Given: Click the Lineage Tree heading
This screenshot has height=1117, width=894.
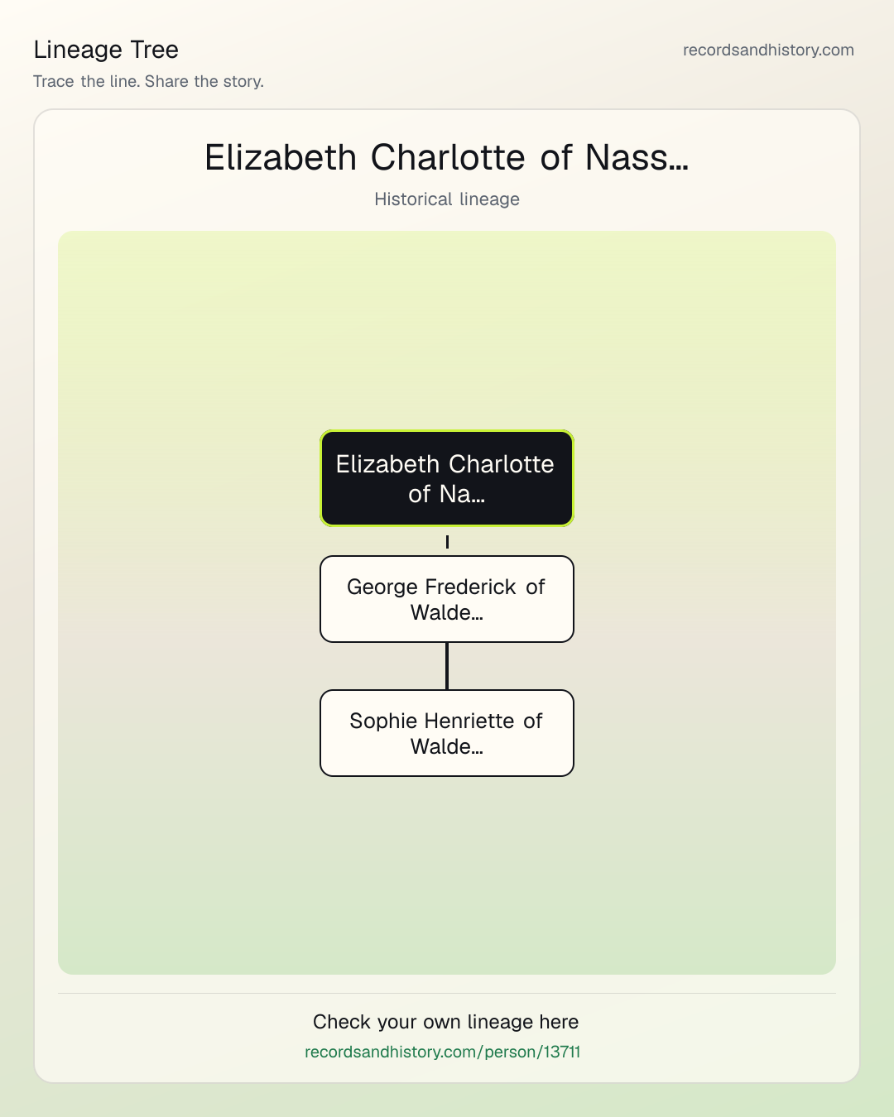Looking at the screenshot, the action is pyautogui.click(x=106, y=50).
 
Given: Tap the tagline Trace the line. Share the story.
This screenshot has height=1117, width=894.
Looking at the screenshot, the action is pyautogui.click(x=148, y=81).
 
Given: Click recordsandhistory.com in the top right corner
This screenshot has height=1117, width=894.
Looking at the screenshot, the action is pyautogui.click(x=768, y=50).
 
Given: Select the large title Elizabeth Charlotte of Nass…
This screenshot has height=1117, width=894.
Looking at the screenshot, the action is pyautogui.click(x=447, y=157).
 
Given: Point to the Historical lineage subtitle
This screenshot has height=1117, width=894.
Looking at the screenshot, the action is pyautogui.click(x=447, y=199).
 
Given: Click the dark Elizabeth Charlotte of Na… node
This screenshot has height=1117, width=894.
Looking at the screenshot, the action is pyautogui.click(x=447, y=478).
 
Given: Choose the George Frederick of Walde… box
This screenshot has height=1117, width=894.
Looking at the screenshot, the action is pyautogui.click(x=447, y=599).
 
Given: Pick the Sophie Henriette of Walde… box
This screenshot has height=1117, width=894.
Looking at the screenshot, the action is pyautogui.click(x=447, y=733).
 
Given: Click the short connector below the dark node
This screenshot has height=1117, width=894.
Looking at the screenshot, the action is pyautogui.click(x=447, y=542).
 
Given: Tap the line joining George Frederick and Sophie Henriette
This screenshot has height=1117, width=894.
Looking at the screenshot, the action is pyautogui.click(x=447, y=666).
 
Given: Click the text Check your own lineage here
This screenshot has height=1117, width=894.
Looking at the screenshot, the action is pyautogui.click(x=445, y=1022).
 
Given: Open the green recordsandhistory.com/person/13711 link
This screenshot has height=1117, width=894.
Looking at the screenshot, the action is pyautogui.click(x=442, y=1052).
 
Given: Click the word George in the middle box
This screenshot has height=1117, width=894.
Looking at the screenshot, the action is pyautogui.click(x=382, y=587).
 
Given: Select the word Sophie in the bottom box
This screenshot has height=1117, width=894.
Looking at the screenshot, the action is pyautogui.click(x=383, y=721).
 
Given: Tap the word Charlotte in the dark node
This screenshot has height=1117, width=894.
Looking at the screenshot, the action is pyautogui.click(x=502, y=464).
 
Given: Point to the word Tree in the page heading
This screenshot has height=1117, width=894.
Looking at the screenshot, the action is pyautogui.click(x=154, y=50).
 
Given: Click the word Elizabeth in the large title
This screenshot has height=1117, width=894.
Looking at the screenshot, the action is pyautogui.click(x=281, y=157).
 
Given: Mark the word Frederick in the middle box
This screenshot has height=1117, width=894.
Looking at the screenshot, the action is pyautogui.click(x=471, y=587).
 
